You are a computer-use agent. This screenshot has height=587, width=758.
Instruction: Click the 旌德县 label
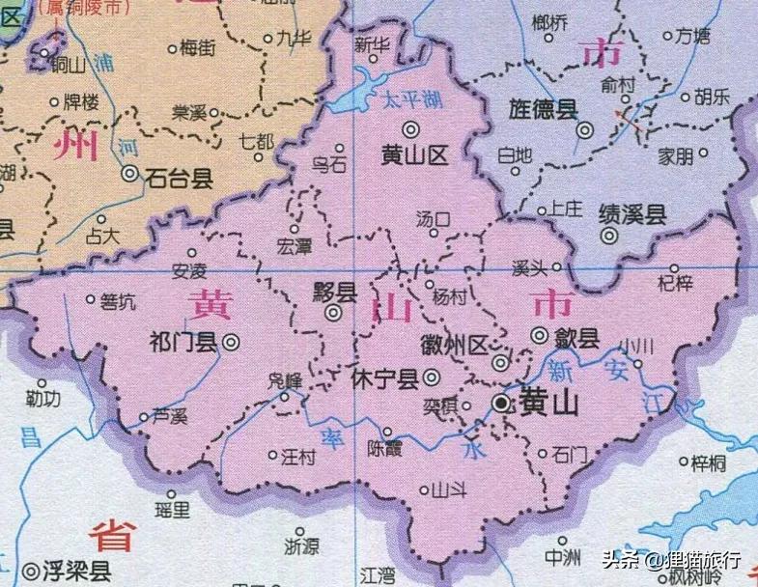[x=543, y=108]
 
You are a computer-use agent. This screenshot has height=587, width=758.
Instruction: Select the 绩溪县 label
[x=632, y=213]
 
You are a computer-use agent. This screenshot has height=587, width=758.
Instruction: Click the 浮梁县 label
[x=76, y=571]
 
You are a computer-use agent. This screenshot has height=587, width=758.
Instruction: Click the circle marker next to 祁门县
[x=232, y=341]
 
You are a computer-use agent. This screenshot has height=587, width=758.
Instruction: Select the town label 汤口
[x=433, y=219]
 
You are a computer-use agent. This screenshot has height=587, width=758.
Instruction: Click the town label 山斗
[x=449, y=490]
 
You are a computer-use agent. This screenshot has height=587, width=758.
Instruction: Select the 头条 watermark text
[x=622, y=559]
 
